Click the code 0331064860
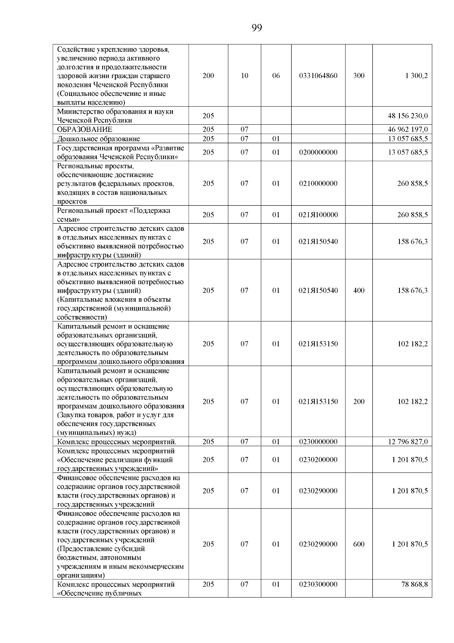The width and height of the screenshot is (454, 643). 318,76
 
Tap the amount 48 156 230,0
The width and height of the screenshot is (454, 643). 408,116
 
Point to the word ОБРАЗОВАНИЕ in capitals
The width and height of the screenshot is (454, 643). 85,130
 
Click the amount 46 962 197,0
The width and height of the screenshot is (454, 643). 408,130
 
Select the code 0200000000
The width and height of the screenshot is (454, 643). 318,152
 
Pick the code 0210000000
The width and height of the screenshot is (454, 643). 318,183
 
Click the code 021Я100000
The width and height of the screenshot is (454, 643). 318,215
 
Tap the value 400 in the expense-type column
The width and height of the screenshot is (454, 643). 359,291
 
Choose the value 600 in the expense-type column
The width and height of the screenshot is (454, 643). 359,544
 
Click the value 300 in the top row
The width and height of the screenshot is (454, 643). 359,76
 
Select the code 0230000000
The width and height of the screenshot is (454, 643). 318,442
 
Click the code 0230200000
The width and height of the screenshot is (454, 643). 318,460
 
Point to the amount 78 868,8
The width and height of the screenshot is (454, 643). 414,584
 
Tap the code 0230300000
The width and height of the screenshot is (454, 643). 318,584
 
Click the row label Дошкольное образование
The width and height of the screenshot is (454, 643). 99,139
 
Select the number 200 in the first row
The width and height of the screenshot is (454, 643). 208,76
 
